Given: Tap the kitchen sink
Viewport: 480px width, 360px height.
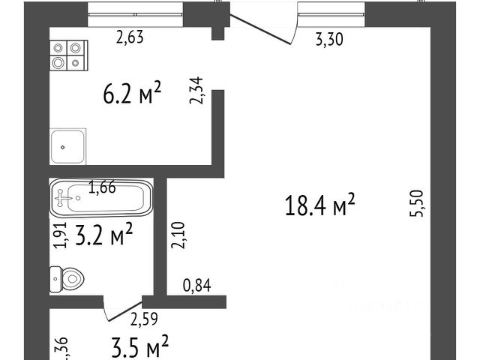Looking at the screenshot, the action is click(69, 145).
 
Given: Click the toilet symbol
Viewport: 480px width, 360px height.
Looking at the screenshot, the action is click(64, 280).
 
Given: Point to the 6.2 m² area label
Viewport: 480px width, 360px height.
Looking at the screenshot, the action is click(131, 94).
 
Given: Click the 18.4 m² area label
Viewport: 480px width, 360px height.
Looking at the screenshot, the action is click(319, 204).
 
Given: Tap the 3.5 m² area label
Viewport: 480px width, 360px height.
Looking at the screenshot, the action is click(139, 348).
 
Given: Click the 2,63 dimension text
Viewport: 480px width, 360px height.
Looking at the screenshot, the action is click(129, 36).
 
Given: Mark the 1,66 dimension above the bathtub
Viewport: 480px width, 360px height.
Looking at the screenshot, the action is click(102, 187).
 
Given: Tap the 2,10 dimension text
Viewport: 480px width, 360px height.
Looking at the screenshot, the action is click(177, 236).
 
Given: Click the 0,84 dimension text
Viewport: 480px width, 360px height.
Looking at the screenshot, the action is click(198, 285).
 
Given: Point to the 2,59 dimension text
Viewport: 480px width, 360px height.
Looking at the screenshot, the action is click(144, 320).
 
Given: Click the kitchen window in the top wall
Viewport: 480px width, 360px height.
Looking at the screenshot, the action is click(135, 7).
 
